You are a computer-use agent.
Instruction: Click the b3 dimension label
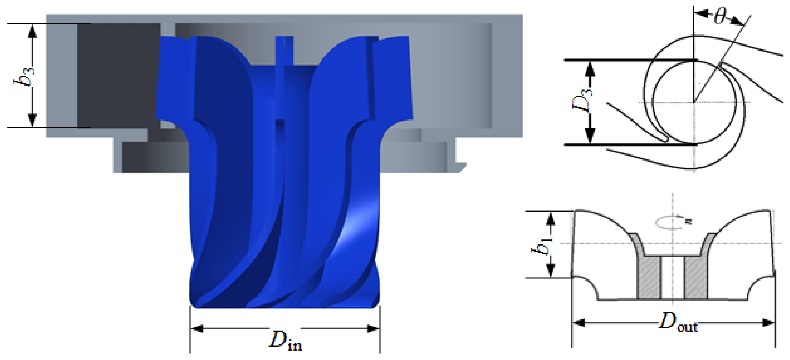(24, 76)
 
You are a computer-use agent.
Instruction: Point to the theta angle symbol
(720, 17)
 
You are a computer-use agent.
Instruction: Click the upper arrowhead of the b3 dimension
(32, 31)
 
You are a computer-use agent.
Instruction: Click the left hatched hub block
(649, 278)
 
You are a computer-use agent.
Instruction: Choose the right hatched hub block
(696, 278)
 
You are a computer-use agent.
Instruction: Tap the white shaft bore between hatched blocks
(673, 278)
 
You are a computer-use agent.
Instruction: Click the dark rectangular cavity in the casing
(118, 75)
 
